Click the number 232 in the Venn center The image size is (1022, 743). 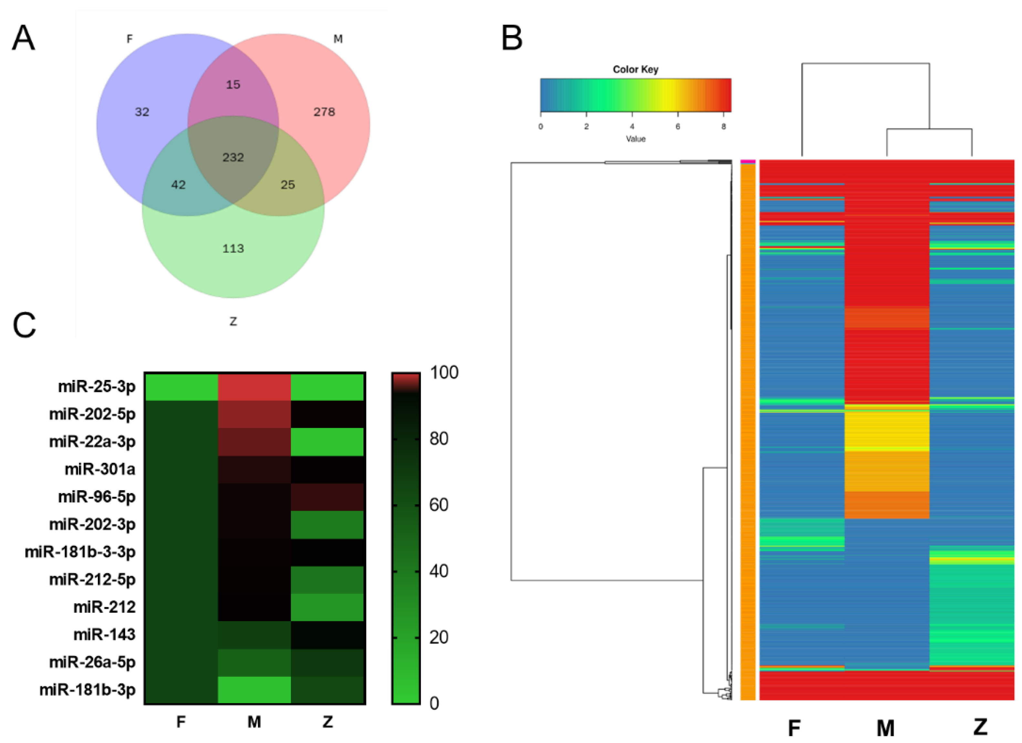pyautogui.click(x=233, y=157)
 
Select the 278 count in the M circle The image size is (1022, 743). pyautogui.click(x=324, y=112)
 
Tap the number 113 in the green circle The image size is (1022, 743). pyautogui.click(x=233, y=248)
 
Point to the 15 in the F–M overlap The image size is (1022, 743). pyautogui.click(x=233, y=84)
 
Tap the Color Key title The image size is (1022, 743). pyautogui.click(x=635, y=70)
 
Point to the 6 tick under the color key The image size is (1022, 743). pyautogui.click(x=677, y=127)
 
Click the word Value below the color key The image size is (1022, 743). pyautogui.click(x=635, y=139)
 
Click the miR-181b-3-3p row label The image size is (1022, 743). pyautogui.click(x=80, y=552)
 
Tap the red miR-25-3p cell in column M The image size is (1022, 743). pyautogui.click(x=254, y=387)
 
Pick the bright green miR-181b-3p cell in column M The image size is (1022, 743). pyautogui.click(x=254, y=689)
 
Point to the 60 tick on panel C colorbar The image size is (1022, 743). pyautogui.click(x=438, y=505)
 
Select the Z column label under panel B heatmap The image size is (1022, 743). pyautogui.click(x=980, y=727)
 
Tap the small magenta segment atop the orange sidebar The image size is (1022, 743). pyautogui.click(x=748, y=161)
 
